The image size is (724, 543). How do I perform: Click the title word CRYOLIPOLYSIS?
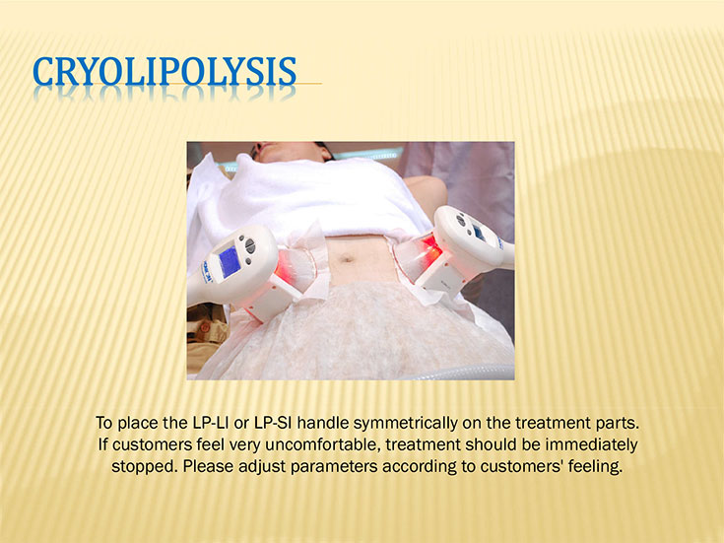(x=165, y=71)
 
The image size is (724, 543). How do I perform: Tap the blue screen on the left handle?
(x=230, y=261)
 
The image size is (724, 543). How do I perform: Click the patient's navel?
(x=347, y=258)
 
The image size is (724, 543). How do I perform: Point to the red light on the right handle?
(x=430, y=249)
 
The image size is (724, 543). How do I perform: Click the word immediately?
(x=591, y=444)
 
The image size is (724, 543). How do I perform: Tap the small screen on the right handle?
(x=479, y=233)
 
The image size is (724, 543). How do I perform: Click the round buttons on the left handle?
(x=249, y=245)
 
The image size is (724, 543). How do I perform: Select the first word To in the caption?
(x=103, y=423)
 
